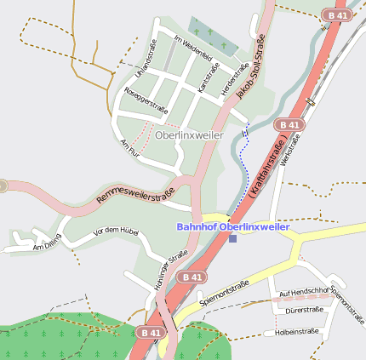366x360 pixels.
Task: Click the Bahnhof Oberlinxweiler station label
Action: pos(233,226)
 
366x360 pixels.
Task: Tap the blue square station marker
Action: pos(232,238)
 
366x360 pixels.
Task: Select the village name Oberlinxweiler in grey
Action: pos(190,135)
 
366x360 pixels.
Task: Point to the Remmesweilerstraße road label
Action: pos(136,193)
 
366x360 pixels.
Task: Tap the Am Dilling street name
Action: pos(48,241)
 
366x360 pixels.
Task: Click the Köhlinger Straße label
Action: pos(170,271)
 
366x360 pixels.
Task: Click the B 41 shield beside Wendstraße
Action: pos(289,124)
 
